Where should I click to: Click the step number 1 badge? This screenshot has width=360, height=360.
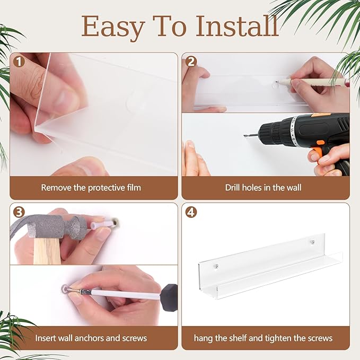point(19,62)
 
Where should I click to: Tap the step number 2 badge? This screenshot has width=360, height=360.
point(191,62)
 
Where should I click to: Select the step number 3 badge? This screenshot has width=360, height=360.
point(19,212)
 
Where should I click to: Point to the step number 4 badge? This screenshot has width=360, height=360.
point(191,213)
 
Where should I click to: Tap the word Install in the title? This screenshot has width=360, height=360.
point(237,25)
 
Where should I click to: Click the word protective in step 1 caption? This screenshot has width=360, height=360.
point(106,188)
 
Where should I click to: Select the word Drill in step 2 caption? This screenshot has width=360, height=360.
point(233,188)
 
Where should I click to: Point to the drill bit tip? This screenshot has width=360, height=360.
point(244,135)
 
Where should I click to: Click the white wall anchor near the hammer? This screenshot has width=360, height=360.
point(102,224)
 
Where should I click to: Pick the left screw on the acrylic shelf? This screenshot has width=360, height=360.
point(216,266)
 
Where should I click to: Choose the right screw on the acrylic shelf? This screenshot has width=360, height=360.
point(312,242)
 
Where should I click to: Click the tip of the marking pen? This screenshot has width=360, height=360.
point(276,82)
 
